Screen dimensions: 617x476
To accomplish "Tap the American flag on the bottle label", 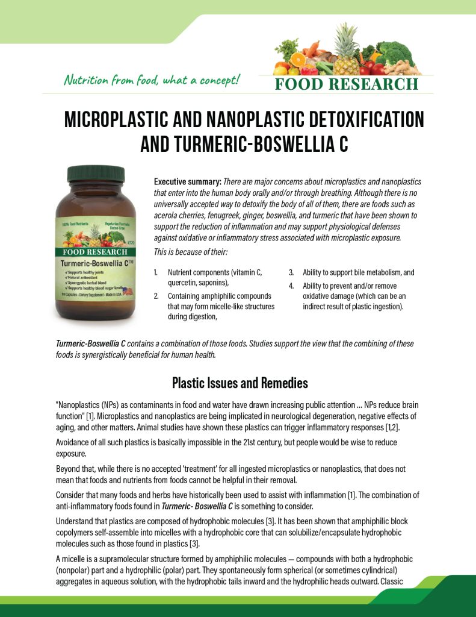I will pyautogui.click(x=126, y=293).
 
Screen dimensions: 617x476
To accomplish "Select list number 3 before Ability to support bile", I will pyautogui.click(x=291, y=272).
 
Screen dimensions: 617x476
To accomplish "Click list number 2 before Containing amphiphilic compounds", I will pyautogui.click(x=156, y=296).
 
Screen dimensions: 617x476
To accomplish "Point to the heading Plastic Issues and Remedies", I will pyautogui.click(x=240, y=383).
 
